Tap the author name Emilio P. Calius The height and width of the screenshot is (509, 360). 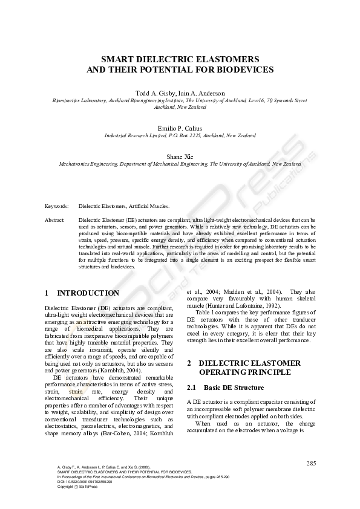coord(180,129)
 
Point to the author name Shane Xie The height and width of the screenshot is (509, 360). coord(180,157)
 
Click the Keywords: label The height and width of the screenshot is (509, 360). coord(56,206)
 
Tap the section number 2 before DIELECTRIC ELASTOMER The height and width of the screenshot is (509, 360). coord(189,363)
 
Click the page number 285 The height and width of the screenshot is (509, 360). coord(311,463)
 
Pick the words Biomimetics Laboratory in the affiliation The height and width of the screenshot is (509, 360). coord(79,100)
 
